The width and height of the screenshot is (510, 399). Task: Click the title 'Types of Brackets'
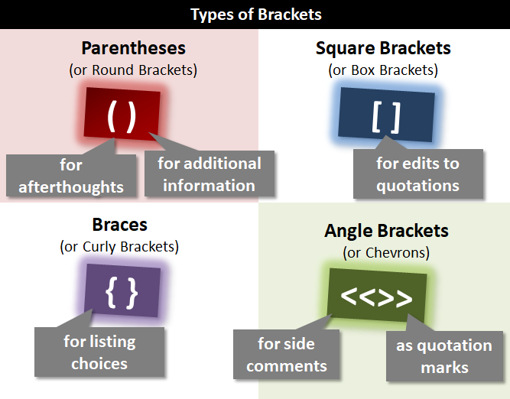tap(255, 15)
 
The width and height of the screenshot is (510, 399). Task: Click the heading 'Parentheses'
tap(134, 48)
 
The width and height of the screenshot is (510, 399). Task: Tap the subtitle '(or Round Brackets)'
tap(134, 70)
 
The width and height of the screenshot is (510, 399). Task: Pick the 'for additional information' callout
tap(209, 174)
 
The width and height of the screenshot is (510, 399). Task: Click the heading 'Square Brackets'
tap(383, 48)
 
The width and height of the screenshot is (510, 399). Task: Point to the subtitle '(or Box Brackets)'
tap(383, 70)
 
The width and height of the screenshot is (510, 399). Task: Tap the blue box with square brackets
tap(386, 116)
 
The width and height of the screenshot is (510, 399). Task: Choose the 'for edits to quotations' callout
tap(417, 174)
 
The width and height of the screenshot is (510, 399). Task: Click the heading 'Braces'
tap(119, 225)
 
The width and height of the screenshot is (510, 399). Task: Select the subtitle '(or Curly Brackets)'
tap(119, 246)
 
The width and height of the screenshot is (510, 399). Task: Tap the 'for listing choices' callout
tap(99, 352)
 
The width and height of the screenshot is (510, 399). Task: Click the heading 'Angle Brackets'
tap(386, 230)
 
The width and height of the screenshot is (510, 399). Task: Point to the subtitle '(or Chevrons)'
tap(386, 251)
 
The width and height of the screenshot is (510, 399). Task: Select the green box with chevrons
tap(376, 295)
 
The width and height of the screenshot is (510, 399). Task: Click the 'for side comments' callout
tap(286, 355)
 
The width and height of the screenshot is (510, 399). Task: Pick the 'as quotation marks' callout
tap(443, 356)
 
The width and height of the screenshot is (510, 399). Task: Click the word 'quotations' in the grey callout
tap(417, 185)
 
